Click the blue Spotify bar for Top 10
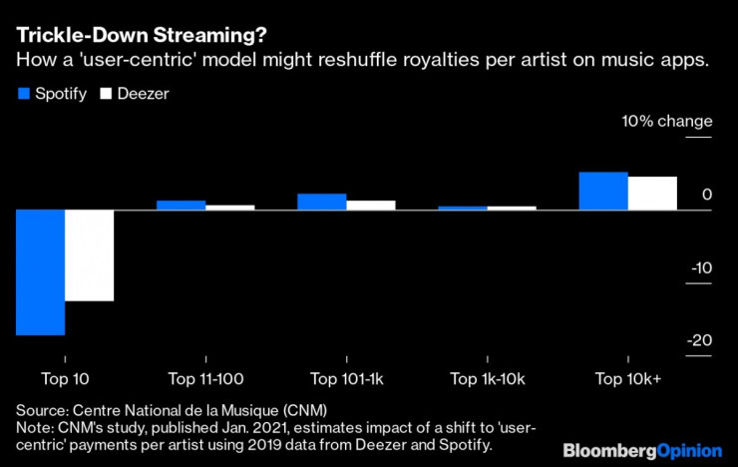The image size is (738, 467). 41,272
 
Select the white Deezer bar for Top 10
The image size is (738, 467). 89,255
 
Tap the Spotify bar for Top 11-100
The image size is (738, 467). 181,205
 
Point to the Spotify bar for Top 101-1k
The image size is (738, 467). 321,202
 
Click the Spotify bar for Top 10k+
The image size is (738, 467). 603,191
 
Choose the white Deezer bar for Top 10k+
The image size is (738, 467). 652,193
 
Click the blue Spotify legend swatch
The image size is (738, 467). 24,95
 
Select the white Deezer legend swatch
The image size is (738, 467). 107,95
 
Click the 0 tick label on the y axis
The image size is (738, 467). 706,195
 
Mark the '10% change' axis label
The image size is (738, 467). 667,122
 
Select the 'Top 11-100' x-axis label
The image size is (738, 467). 205,379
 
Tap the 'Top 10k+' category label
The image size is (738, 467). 628,379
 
